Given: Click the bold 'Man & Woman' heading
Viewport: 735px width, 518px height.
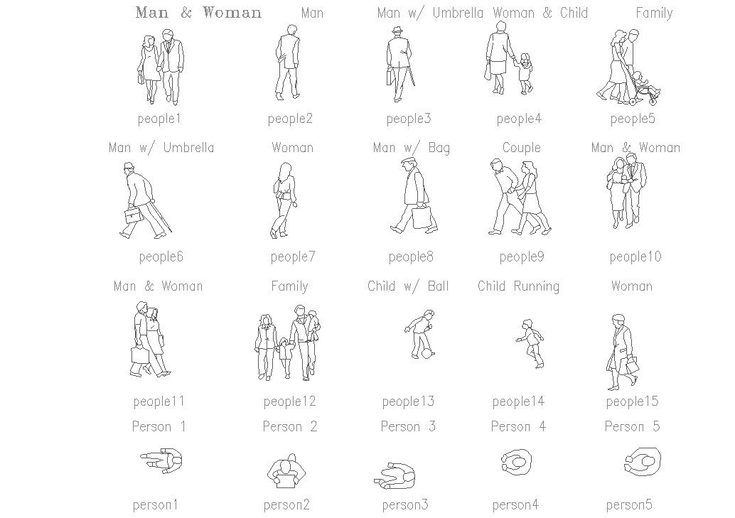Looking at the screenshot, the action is [x=198, y=13].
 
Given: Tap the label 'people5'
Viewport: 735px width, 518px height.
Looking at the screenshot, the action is [x=633, y=119].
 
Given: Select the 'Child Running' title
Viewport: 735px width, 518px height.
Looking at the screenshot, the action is [x=518, y=286].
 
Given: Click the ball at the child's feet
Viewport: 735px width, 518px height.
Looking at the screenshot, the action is [x=427, y=353].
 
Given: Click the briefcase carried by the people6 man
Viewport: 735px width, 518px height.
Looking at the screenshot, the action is [x=134, y=215].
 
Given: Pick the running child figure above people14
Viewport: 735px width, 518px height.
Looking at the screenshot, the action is [x=530, y=343].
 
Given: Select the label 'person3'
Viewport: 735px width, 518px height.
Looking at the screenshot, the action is [x=405, y=505].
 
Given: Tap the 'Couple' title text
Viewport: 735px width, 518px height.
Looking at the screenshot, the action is [x=521, y=148].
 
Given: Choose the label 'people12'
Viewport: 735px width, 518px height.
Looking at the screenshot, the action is [x=289, y=401].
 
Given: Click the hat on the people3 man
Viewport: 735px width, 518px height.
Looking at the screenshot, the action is [x=397, y=31].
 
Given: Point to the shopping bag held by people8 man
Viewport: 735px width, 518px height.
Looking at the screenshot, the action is [x=423, y=217].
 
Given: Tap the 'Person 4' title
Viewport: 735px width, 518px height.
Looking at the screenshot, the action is [x=518, y=426].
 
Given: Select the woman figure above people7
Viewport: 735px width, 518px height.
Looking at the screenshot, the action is [x=283, y=200].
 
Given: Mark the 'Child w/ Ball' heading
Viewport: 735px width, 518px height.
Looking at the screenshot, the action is [x=408, y=286].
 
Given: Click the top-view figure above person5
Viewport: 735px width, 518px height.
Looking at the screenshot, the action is [x=643, y=461].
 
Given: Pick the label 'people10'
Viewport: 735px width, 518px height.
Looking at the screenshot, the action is [x=635, y=257].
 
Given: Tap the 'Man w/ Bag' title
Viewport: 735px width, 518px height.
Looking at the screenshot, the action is [x=411, y=148].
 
